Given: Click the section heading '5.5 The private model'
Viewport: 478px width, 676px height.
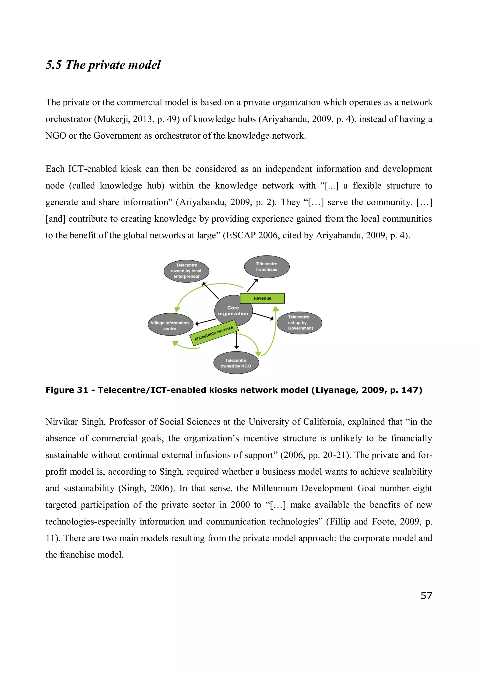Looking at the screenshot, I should point(103,65).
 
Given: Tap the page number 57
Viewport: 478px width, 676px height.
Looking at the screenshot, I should point(426,595).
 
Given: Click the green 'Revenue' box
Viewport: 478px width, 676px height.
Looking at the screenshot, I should point(262,298).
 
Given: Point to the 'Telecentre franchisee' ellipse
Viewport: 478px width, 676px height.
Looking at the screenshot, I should point(267,266).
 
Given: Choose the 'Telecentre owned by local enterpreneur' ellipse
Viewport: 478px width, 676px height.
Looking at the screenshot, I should point(186,271).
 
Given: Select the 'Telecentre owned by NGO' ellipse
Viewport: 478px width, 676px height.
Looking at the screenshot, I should point(236,363).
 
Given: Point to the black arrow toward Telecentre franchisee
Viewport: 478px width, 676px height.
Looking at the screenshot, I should point(252,285).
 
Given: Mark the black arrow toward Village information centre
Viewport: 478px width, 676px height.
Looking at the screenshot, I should point(206,322).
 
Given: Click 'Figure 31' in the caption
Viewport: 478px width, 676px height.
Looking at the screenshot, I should point(67,390).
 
